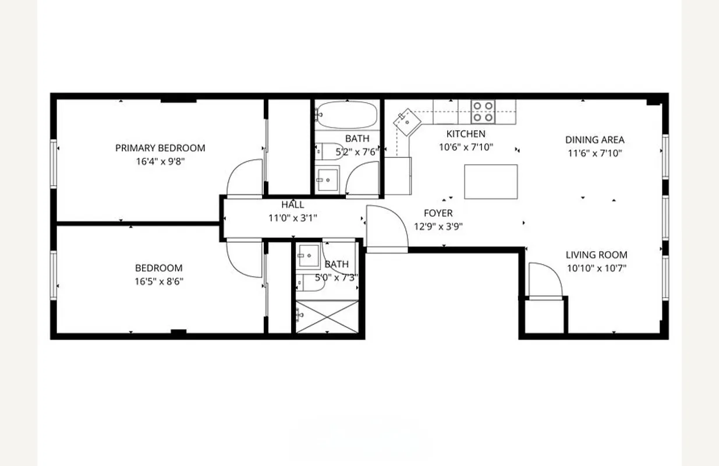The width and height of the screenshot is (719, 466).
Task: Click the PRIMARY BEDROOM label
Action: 160,148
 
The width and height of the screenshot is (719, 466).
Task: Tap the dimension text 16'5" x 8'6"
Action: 159,282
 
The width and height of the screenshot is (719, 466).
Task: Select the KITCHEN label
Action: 465,134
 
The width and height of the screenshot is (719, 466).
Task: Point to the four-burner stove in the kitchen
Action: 483,111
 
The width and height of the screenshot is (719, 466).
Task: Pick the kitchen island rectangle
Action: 491,182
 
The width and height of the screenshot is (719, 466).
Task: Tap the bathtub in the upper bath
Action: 346,115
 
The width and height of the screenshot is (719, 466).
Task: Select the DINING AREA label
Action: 594,140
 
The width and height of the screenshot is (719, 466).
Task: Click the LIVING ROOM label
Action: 596,255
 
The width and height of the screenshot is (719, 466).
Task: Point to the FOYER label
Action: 438,213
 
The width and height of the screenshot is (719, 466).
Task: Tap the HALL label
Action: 292,205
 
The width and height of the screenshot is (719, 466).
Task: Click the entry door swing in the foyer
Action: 385,227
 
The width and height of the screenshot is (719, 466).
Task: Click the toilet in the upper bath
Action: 328,152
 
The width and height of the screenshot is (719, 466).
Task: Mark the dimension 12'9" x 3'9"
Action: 438,227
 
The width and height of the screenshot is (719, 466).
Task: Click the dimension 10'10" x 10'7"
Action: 596,269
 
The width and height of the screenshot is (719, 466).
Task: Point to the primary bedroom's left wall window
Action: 54,164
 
